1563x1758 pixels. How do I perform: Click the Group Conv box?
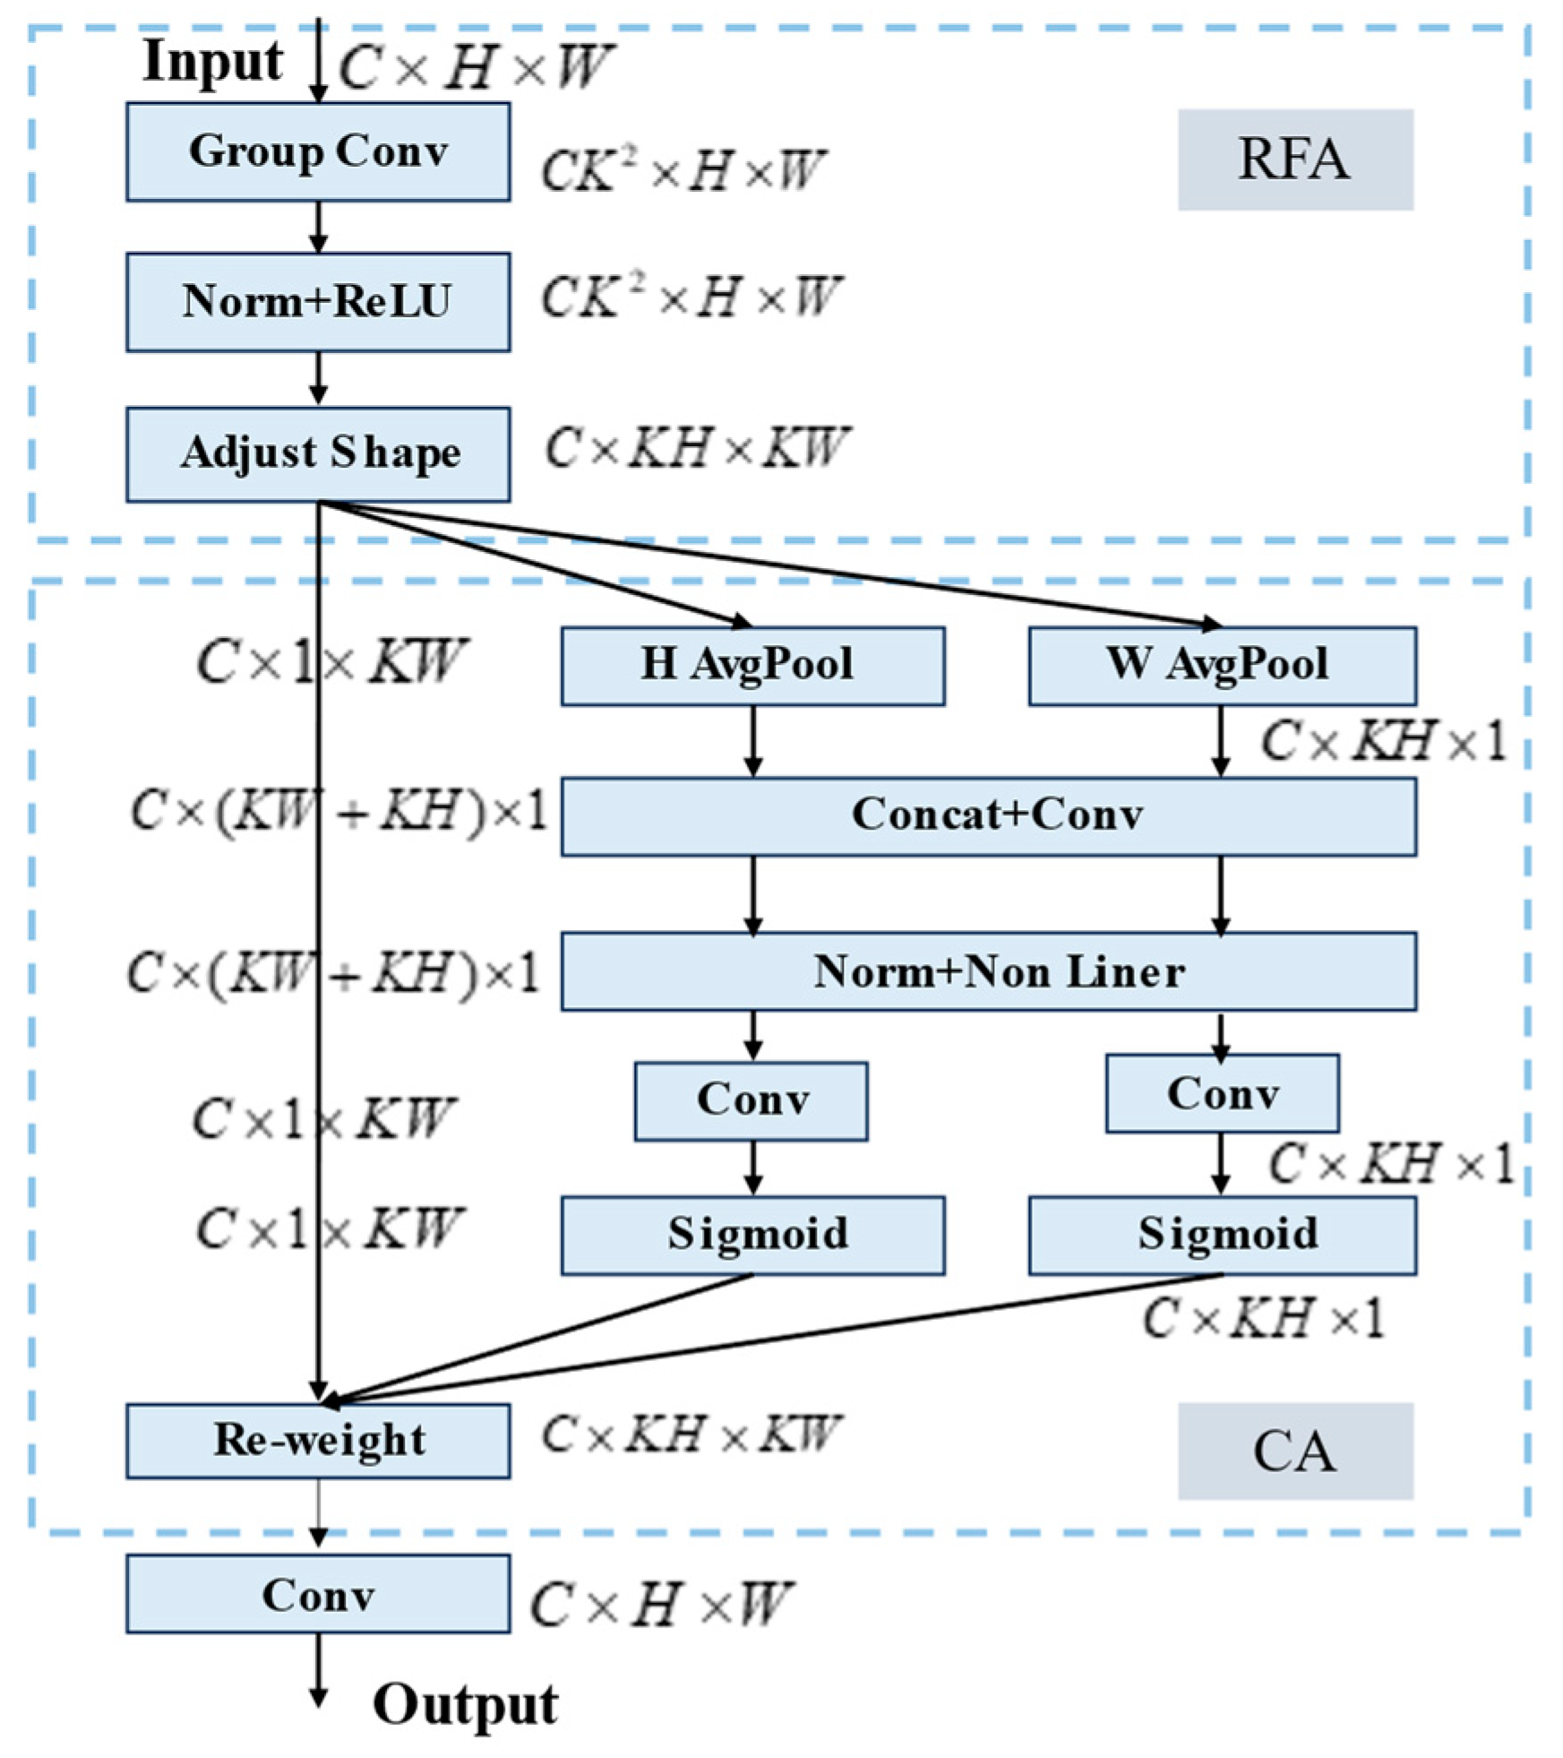click(x=318, y=151)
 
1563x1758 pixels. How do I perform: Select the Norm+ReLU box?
click(x=318, y=302)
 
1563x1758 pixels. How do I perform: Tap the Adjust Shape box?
click(x=318, y=454)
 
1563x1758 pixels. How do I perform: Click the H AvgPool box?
click(x=752, y=666)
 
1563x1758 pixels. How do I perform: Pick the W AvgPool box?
click(x=1222, y=666)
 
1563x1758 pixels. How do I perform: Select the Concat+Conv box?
click(x=989, y=816)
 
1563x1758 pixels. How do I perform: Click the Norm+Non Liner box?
click(x=989, y=971)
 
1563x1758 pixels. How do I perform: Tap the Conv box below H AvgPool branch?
click(x=751, y=1101)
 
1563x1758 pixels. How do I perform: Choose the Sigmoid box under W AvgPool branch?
click(x=1222, y=1236)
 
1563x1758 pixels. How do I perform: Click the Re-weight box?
click(x=318, y=1441)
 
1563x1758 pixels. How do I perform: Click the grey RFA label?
click(x=1294, y=160)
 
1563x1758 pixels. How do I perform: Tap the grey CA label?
click(x=1294, y=1452)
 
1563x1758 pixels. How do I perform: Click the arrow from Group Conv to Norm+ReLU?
click(x=318, y=227)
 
